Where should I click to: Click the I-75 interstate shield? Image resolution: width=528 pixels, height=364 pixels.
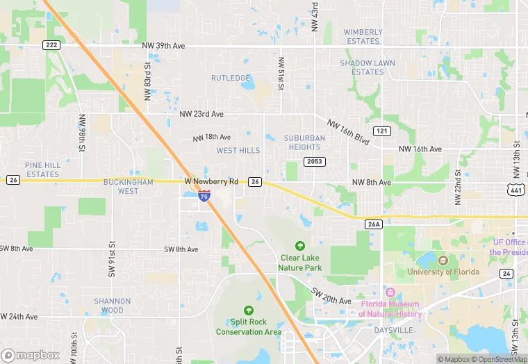(x=204, y=197)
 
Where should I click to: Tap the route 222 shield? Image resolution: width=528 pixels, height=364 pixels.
(x=51, y=44)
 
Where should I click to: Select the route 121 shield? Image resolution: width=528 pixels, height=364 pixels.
(x=381, y=131)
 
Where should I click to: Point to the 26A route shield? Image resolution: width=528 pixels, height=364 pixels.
(x=374, y=224)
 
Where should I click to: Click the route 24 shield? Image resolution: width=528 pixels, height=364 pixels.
(x=506, y=274)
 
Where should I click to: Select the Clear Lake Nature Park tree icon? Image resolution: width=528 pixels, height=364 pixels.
(x=300, y=246)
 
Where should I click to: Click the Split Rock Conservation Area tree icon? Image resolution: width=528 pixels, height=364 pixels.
(x=248, y=310)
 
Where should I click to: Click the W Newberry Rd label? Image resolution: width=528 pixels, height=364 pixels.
(x=211, y=181)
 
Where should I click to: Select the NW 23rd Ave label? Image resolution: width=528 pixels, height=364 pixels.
(x=201, y=114)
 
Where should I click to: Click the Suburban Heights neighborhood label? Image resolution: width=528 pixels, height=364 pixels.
(x=304, y=142)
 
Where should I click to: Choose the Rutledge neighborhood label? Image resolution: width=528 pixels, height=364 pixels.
(x=230, y=78)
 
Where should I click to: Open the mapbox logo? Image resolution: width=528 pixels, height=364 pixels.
(x=31, y=355)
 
